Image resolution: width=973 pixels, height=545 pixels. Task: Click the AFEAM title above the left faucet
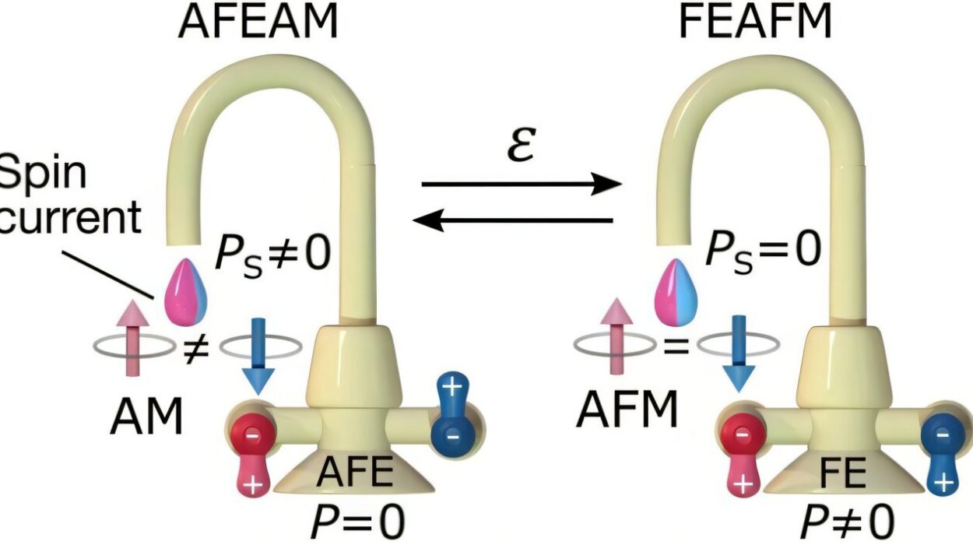pyautogui.click(x=258, y=21)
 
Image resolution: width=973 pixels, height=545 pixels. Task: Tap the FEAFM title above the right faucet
pyautogui.click(x=754, y=21)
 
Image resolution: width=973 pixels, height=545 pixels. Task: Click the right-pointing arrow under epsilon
pyautogui.click(x=522, y=185)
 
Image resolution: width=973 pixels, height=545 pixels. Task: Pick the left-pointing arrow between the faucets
pyautogui.click(x=514, y=221)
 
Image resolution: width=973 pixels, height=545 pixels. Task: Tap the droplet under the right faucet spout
pyautogui.click(x=676, y=293)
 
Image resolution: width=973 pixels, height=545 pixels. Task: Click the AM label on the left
pyautogui.click(x=146, y=417)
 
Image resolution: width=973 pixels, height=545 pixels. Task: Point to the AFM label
pyautogui.click(x=627, y=410)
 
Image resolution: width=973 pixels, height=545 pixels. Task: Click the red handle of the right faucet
pyautogui.click(x=740, y=452)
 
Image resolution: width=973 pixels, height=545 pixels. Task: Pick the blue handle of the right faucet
pyautogui.click(x=941, y=452)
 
